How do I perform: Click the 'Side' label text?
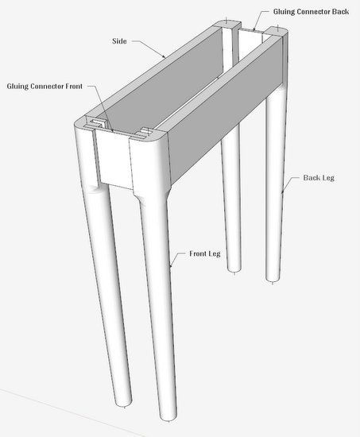pyautogui.click(x=119, y=41)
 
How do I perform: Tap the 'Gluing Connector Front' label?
pyautogui.click(x=45, y=86)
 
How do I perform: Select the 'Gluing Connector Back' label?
pyautogui.click(x=311, y=11)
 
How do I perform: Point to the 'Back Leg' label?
pyautogui.click(x=319, y=178)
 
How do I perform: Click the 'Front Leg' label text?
pyautogui.click(x=205, y=253)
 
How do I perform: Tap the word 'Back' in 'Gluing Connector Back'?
pyautogui.click(x=340, y=11)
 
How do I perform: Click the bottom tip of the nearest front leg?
pyautogui.click(x=168, y=420)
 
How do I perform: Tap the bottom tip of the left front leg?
pyautogui.click(x=124, y=406)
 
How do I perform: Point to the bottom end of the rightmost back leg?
pyautogui.click(x=273, y=281)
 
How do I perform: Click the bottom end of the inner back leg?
pyautogui.click(x=234, y=272)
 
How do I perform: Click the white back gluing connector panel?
pyautogui.click(x=250, y=44)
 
